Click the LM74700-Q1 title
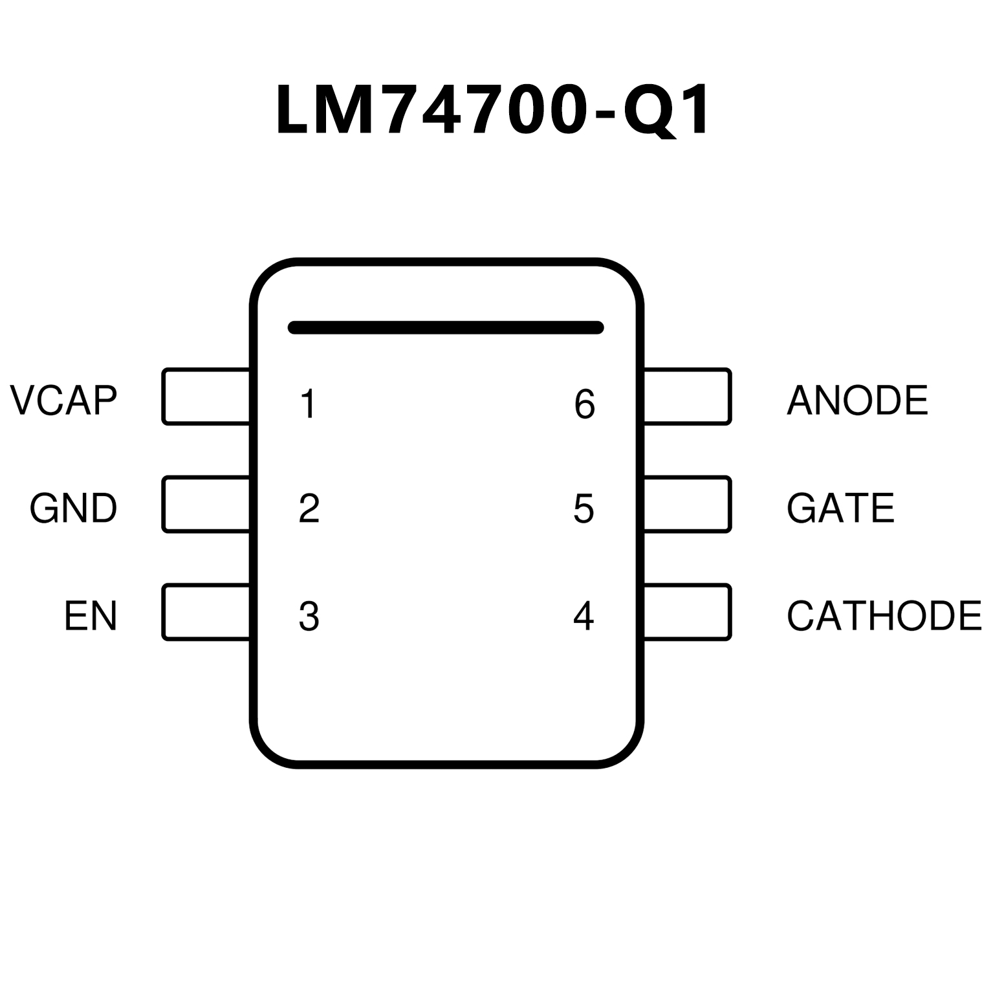494,110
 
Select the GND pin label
73,508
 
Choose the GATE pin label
840,508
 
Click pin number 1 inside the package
309,404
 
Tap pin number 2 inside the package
309,508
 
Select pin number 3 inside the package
309,617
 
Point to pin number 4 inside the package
584,617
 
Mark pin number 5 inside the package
584,508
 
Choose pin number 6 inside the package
584,404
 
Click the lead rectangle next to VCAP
206,397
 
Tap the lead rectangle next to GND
206,505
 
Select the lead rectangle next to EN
206,612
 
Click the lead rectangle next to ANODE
687,397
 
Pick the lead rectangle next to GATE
687,505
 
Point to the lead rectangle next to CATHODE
687,612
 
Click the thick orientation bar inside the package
446,327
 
